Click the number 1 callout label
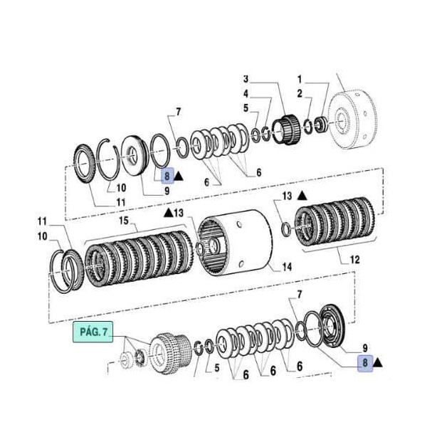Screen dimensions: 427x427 tap(300, 78)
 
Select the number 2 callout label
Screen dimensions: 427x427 tap(300, 93)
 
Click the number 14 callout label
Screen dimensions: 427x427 tap(287, 267)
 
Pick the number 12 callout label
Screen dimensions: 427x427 tap(355, 260)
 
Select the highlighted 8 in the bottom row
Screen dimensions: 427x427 tap(364, 363)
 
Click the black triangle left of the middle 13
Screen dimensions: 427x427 tap(168, 212)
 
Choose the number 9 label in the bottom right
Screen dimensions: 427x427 tap(364, 348)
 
